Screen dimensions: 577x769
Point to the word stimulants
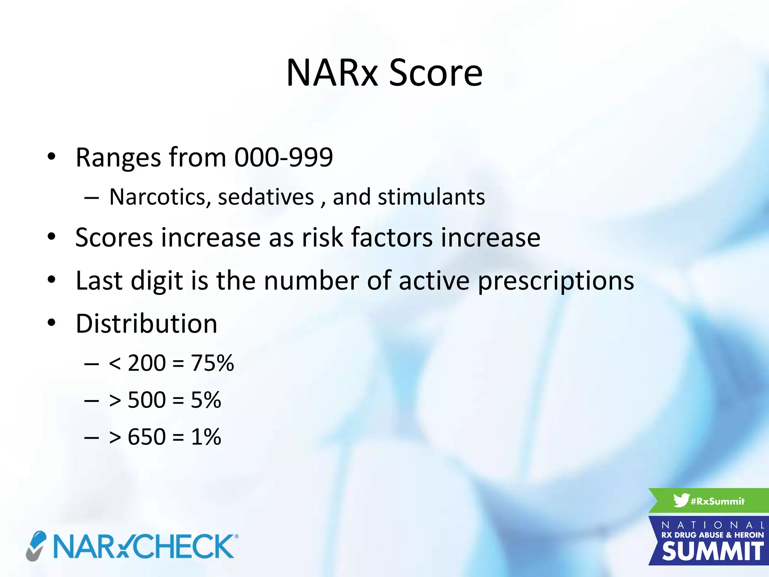431,197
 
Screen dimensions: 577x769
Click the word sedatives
266,197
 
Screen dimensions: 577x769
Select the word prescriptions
556,281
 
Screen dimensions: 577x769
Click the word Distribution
146,324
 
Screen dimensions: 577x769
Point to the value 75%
212,363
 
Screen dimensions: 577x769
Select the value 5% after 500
206,400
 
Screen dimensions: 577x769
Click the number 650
146,437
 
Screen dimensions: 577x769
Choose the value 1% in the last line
206,437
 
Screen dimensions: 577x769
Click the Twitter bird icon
681,500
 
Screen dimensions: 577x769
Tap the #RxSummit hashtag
717,501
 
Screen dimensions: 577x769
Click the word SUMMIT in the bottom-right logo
713,551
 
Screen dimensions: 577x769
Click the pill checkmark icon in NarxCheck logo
36,546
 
